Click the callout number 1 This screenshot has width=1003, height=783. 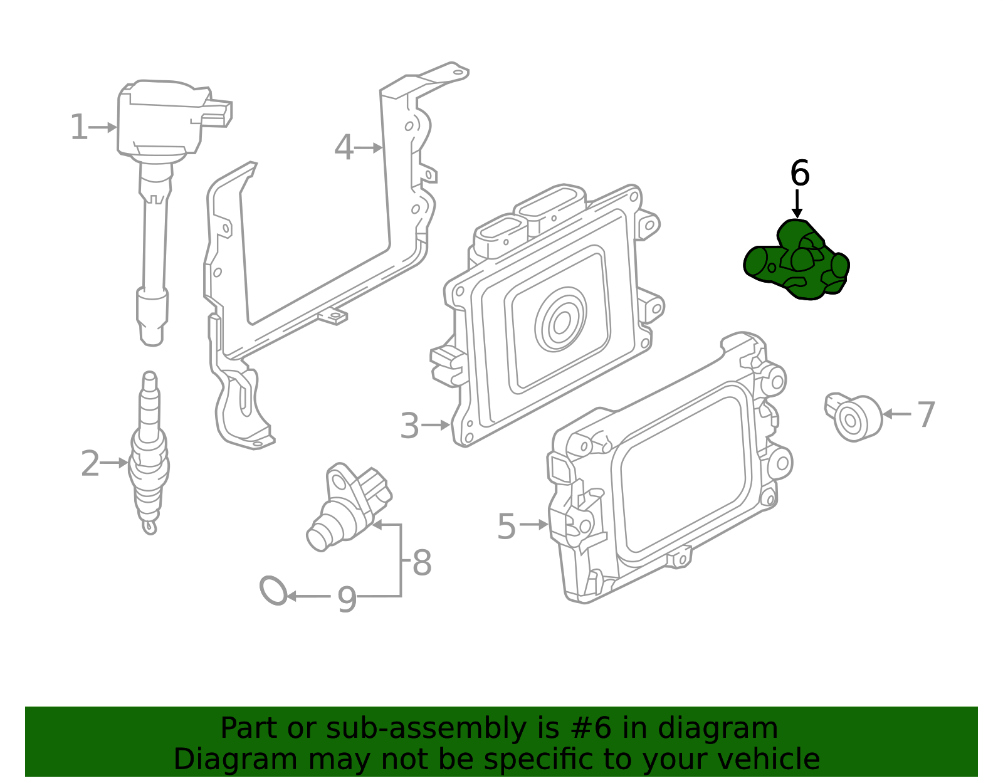coord(78,127)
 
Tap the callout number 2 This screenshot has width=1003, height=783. coord(90,464)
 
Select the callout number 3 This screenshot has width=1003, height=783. coord(409,426)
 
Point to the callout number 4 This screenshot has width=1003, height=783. coord(344,149)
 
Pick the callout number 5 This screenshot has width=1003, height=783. coord(506,526)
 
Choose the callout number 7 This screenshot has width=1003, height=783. coord(926,415)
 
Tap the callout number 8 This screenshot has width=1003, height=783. coord(422,562)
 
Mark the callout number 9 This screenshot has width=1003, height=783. coord(347,599)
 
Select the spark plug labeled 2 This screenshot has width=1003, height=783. coord(149,451)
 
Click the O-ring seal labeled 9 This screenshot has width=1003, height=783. coord(273,591)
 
